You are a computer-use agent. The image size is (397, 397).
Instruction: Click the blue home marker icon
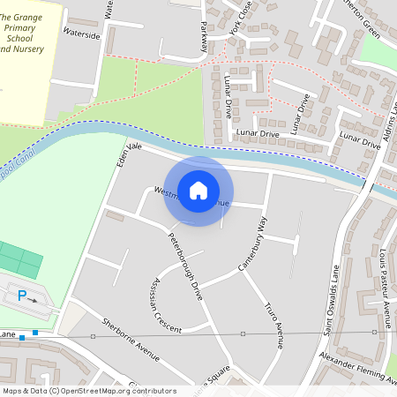point(198,191)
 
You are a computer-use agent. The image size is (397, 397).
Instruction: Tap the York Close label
point(239,18)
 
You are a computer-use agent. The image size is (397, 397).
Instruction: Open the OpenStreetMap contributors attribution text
point(88,391)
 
